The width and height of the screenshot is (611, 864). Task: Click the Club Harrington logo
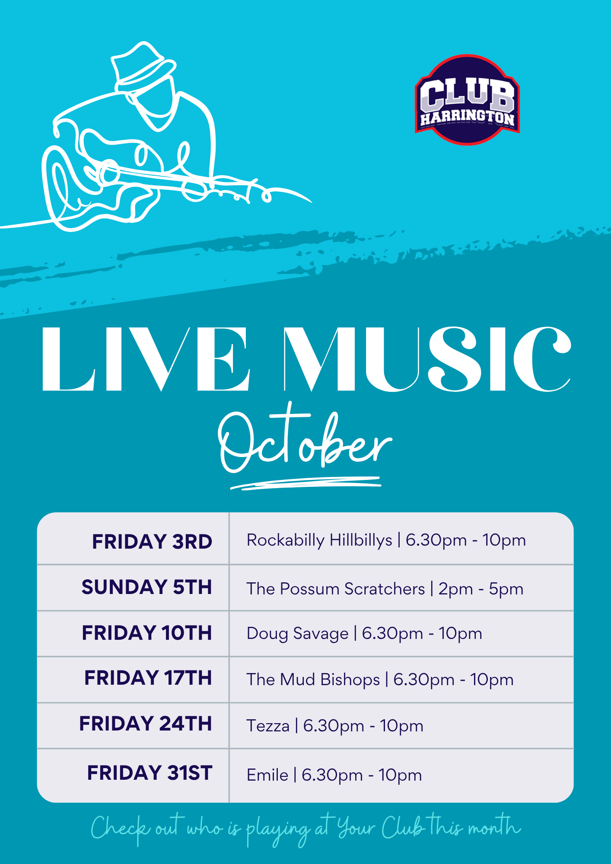point(467,100)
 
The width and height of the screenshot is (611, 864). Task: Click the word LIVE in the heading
point(146,359)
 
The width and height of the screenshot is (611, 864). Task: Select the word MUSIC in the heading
point(427,359)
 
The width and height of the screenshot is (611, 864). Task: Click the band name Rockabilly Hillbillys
point(319,540)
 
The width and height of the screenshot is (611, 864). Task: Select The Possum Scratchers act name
point(336,589)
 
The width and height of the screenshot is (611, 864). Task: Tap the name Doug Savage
point(297,634)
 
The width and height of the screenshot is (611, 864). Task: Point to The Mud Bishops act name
point(313,680)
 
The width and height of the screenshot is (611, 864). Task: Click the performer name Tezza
point(268,726)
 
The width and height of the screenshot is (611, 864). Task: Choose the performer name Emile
point(267,775)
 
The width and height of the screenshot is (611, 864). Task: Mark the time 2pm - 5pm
point(481,589)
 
